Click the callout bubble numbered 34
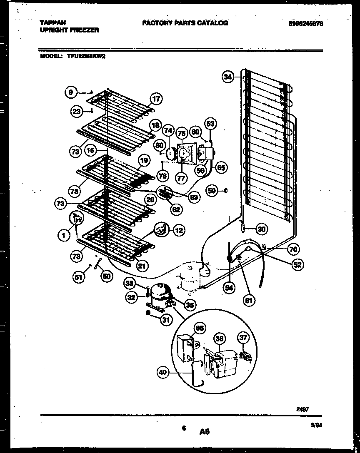[227, 77]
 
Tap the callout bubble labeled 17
[156, 99]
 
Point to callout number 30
[261, 228]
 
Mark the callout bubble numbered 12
[178, 230]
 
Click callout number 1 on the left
[63, 236]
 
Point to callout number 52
[298, 264]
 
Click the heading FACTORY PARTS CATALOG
[185, 23]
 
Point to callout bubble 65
[221, 168]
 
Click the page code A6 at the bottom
[204, 432]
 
